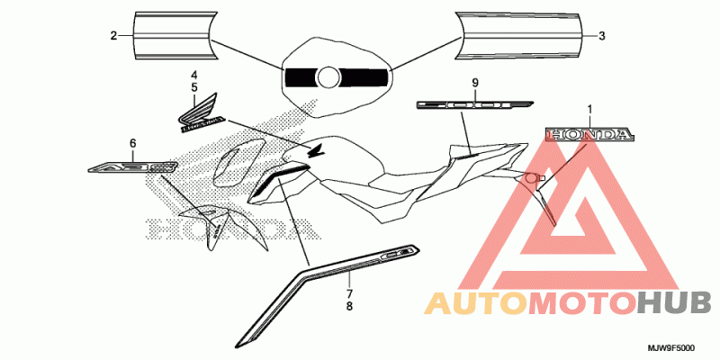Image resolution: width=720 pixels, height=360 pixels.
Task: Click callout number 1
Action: tap(589, 110)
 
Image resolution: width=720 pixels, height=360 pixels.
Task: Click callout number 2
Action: tap(114, 36)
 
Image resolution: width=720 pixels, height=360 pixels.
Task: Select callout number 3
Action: tap(602, 36)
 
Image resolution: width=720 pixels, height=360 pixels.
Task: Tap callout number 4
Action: tap(193, 73)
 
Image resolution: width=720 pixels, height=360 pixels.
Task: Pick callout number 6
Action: tap(132, 143)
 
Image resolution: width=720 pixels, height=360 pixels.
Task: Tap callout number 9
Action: tap(474, 83)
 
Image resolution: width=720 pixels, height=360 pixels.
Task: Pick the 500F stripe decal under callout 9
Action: tap(474, 104)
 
